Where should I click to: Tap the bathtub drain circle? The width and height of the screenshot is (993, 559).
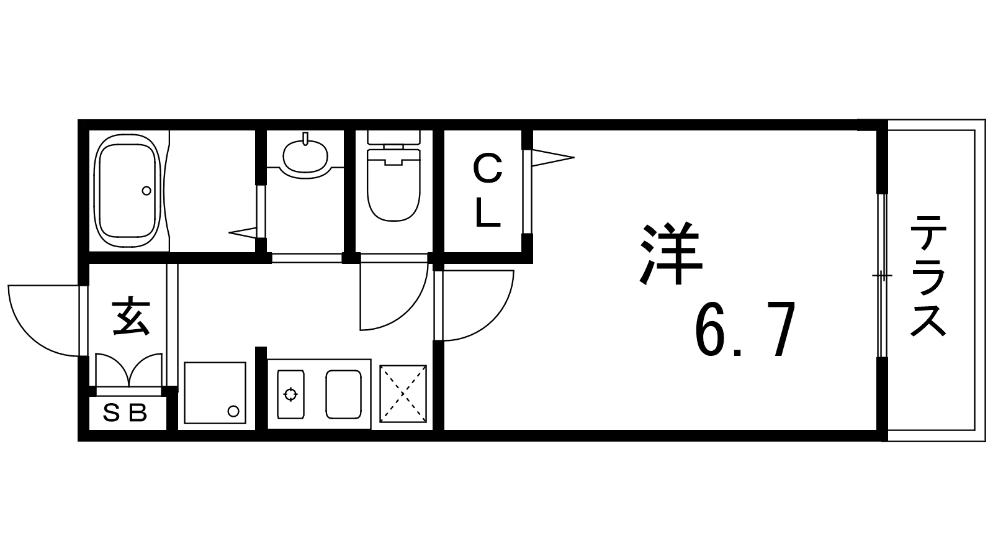pos(146,191)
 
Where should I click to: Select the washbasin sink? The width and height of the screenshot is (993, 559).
pos(305,156)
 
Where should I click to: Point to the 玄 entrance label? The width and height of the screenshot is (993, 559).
pos(131,317)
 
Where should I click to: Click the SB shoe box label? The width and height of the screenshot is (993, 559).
pos(126,412)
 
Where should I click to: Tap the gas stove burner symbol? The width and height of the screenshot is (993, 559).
pos(289,394)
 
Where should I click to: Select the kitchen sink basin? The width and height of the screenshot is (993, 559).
pos(343,394)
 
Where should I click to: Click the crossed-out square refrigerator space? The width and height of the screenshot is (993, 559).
pos(403,393)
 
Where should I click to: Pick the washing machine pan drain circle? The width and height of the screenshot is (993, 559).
pos(233,411)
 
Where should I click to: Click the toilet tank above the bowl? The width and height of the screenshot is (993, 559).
pos(393,137)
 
